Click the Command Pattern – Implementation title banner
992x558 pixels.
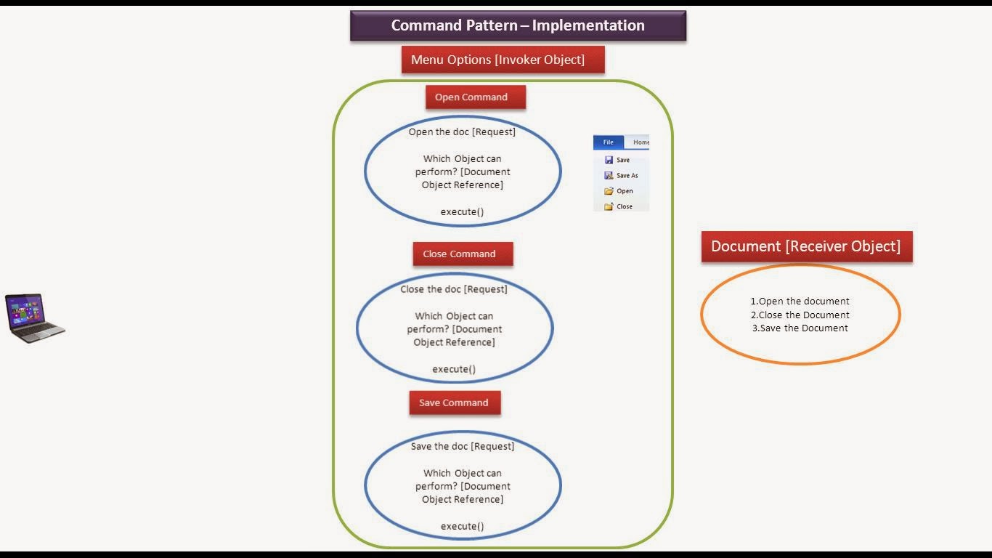(518, 25)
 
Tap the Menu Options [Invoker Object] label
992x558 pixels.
(503, 60)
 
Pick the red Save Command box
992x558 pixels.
(455, 403)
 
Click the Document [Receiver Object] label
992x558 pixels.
(806, 246)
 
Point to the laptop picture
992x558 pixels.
(35, 318)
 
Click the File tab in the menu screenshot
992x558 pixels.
(609, 142)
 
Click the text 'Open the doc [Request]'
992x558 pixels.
(462, 132)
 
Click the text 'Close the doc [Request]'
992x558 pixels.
(454, 289)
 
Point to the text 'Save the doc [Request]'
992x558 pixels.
(462, 446)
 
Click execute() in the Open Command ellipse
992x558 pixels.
(462, 211)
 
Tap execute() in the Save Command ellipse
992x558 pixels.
(462, 526)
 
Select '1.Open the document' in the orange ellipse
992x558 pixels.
(800, 301)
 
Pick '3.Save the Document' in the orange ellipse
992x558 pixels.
(800, 328)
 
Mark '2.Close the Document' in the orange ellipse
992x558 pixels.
(800, 315)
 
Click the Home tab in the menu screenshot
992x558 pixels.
(640, 142)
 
